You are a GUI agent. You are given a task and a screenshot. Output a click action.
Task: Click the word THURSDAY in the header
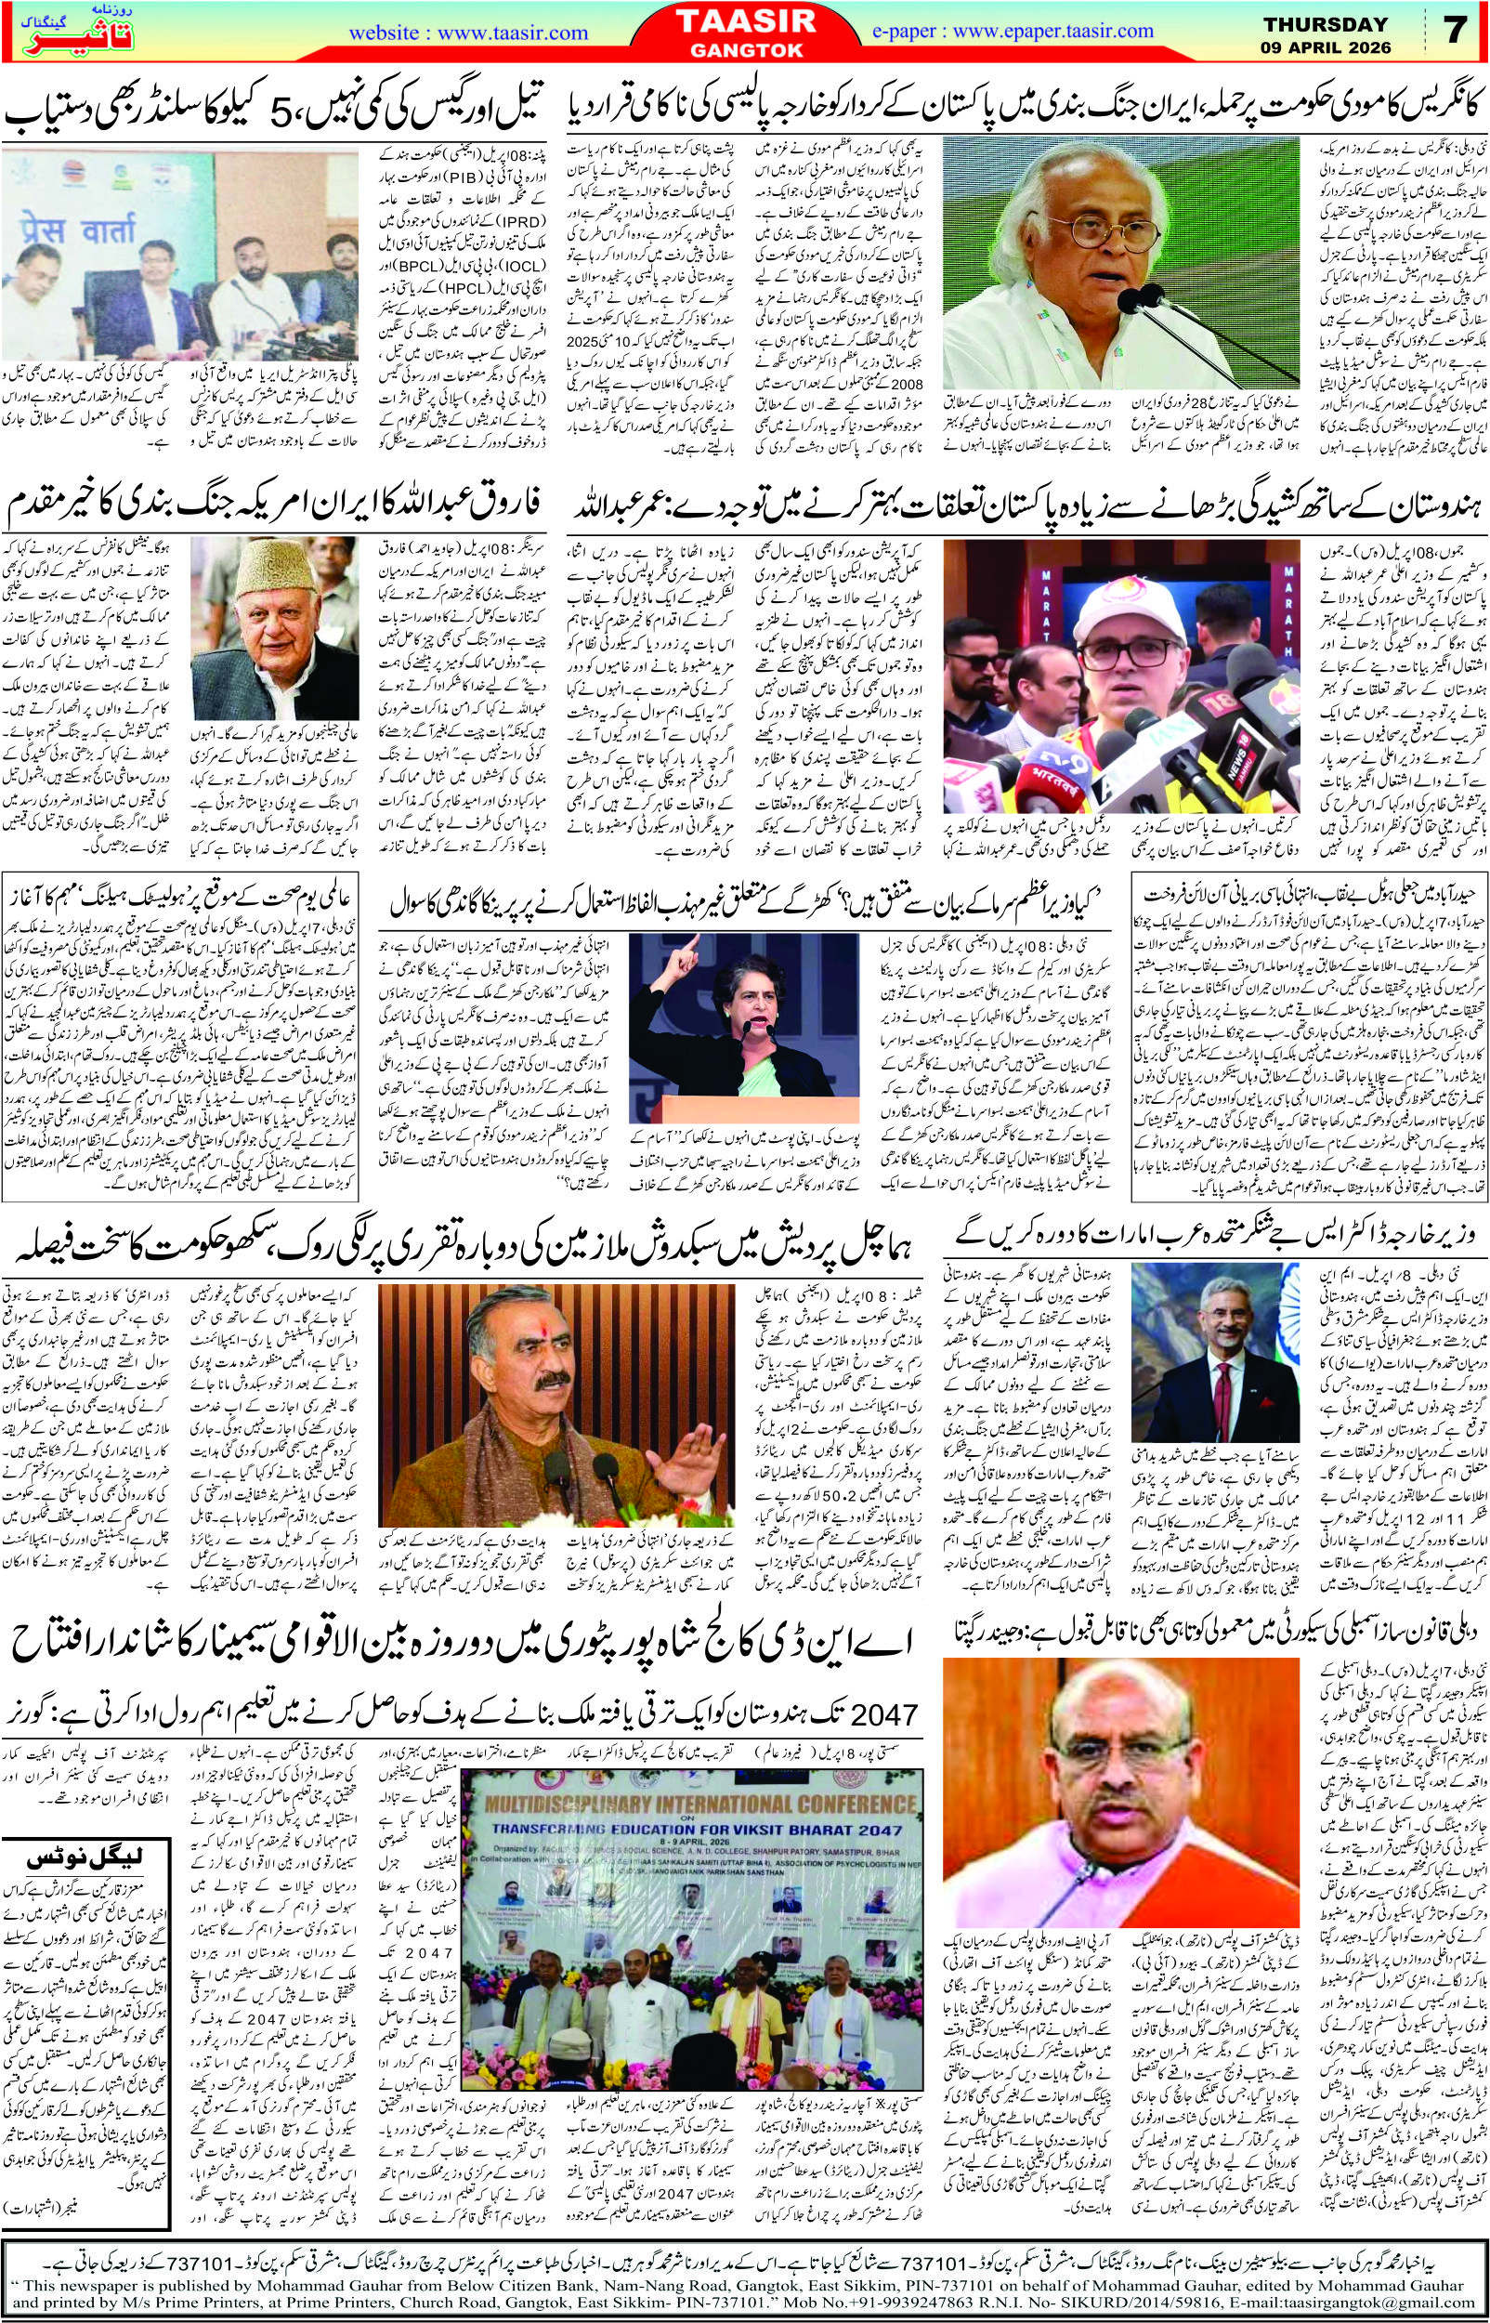[x=1326, y=23]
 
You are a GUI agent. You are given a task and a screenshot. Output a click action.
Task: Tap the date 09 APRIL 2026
[x=1326, y=46]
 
